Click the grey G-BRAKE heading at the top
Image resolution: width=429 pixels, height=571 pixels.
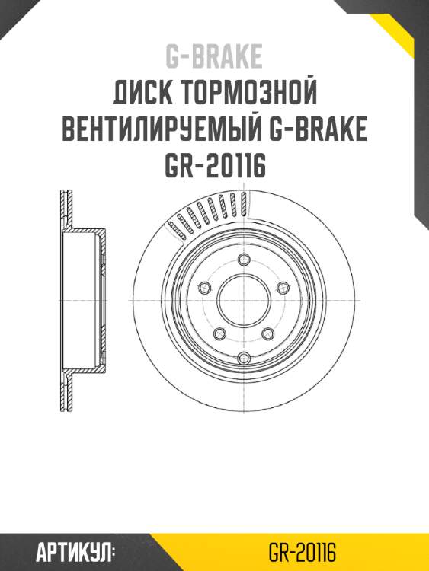[214, 56]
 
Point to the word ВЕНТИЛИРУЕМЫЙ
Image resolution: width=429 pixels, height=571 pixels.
[162, 131]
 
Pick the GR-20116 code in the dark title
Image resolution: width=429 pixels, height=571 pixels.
[214, 167]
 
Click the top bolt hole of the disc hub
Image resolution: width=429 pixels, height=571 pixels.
[244, 258]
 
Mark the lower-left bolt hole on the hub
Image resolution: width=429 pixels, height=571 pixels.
[219, 333]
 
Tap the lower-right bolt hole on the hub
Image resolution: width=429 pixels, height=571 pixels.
[268, 333]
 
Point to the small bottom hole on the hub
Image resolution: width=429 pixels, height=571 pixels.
[244, 359]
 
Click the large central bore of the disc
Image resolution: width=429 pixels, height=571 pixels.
[244, 300]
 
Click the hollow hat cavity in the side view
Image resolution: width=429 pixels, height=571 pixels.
[84, 300]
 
